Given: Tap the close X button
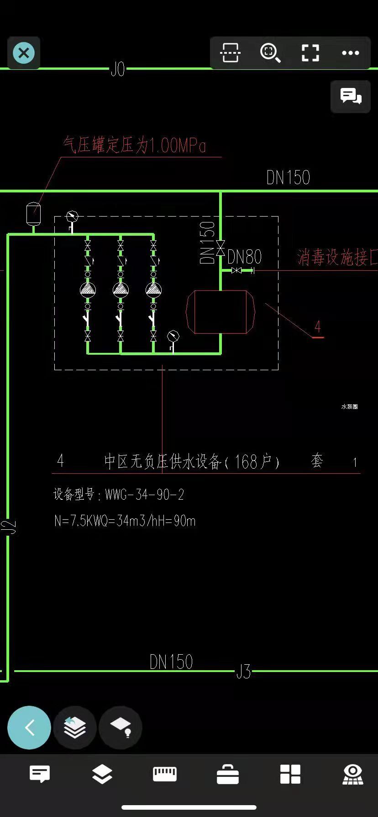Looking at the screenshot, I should coord(24,53).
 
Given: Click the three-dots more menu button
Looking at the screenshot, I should coord(350,53).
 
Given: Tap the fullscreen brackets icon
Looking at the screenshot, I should coord(310,53).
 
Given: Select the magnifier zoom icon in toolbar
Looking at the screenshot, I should coord(270,53).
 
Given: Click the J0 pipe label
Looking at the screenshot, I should coord(118,69).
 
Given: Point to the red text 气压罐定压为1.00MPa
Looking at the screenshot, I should coord(135,145).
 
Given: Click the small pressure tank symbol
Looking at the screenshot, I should coord(33,214).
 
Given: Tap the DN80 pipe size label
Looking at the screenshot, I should coord(244,257).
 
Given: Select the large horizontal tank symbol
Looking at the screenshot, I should coord(220,312).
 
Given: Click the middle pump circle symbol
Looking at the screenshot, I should coord(121,290).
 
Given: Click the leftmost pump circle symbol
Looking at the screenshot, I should coord(88,290).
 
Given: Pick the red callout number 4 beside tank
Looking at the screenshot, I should coord(318,327).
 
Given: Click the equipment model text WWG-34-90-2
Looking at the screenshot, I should coord(144,495).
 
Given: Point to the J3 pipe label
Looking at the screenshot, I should coord(243,672).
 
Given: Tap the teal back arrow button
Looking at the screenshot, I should coord(29,728).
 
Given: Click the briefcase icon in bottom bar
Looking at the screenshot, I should coord(227,774).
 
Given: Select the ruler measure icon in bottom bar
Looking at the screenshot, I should coord(165,774).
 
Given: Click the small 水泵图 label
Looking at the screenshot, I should coord(349,407).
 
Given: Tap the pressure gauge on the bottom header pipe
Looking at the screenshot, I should coord(173,337).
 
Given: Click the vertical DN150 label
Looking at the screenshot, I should coord(208,243).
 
